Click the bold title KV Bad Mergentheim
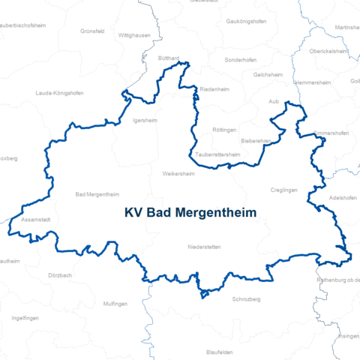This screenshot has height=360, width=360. [x=190, y=213]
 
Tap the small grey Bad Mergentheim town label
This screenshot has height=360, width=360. [x=97, y=194]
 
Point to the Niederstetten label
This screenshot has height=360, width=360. [x=204, y=247]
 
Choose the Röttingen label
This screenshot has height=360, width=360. [x=224, y=130]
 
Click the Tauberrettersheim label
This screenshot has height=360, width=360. [x=217, y=155]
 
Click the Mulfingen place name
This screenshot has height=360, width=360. [x=116, y=303]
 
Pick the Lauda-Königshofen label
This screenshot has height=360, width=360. [x=59, y=93]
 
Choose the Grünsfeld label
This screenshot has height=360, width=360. [x=94, y=31]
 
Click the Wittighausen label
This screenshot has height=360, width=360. [x=134, y=35]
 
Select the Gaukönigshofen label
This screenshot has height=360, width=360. [x=247, y=22]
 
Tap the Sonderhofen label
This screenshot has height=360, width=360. [x=240, y=58]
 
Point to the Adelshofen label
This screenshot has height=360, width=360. [x=344, y=198]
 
